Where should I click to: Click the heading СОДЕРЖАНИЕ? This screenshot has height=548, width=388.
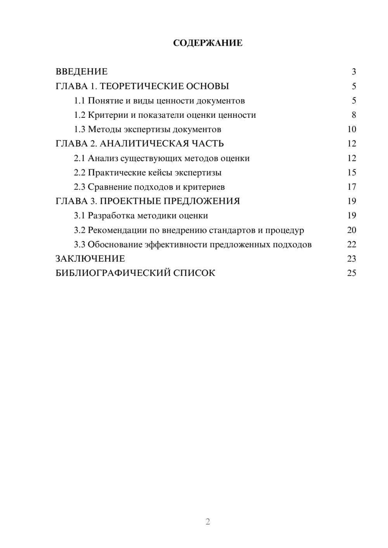pyautogui.click(x=208, y=43)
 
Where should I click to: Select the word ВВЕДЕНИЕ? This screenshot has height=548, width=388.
pyautogui.click(x=81, y=72)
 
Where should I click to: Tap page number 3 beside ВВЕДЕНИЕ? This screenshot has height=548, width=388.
pyautogui.click(x=354, y=72)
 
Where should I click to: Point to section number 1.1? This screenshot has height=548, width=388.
pyautogui.click(x=80, y=101)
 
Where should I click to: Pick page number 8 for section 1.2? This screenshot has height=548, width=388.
pyautogui.click(x=354, y=115)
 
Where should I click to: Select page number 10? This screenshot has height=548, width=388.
pyautogui.click(x=352, y=129)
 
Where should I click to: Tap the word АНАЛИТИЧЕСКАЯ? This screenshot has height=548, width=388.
pyautogui.click(x=142, y=144)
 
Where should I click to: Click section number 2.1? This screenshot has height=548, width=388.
pyautogui.click(x=80, y=158)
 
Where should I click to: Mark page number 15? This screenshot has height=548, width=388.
pyautogui.click(x=352, y=172)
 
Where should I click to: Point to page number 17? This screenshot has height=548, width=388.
pyautogui.click(x=352, y=187)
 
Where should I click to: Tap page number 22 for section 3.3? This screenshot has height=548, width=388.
pyautogui.click(x=352, y=245)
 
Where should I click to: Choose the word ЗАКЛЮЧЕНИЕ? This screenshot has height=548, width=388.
pyautogui.click(x=90, y=259)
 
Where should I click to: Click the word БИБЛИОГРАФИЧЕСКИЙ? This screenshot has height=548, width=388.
pyautogui.click(x=113, y=273)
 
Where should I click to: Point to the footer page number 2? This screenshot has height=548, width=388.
pyautogui.click(x=208, y=522)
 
